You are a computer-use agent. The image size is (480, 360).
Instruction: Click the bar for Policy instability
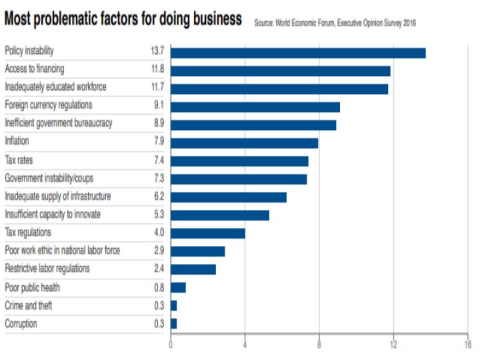(298, 53)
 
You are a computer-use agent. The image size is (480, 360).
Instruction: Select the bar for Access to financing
(281, 71)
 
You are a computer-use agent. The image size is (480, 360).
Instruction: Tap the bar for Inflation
(245, 143)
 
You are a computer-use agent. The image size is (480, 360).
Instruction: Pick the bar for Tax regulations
(208, 233)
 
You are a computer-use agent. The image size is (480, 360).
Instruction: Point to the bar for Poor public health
(179, 287)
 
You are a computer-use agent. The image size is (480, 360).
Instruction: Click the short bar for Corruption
(174, 323)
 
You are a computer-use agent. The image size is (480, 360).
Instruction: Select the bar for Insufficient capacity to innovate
(220, 215)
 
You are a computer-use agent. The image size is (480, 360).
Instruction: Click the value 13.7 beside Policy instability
(157, 51)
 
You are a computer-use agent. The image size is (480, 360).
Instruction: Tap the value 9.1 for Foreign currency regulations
(157, 105)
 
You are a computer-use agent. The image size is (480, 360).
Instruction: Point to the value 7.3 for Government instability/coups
(157, 179)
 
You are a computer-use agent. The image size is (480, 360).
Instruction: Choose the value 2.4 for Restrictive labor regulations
(157, 269)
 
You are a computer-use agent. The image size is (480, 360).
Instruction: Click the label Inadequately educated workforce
(55, 87)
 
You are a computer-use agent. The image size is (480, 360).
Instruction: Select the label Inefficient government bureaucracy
(59, 123)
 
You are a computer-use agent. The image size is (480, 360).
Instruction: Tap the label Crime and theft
(28, 305)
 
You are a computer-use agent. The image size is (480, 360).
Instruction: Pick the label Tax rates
(19, 161)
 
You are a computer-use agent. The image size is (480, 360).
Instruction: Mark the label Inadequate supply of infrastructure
(58, 197)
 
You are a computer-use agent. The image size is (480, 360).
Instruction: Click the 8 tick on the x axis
(319, 345)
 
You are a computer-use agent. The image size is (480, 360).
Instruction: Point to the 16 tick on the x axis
(467, 345)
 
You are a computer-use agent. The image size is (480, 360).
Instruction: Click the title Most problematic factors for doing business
(123, 19)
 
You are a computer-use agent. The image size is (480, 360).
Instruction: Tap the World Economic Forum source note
(335, 22)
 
